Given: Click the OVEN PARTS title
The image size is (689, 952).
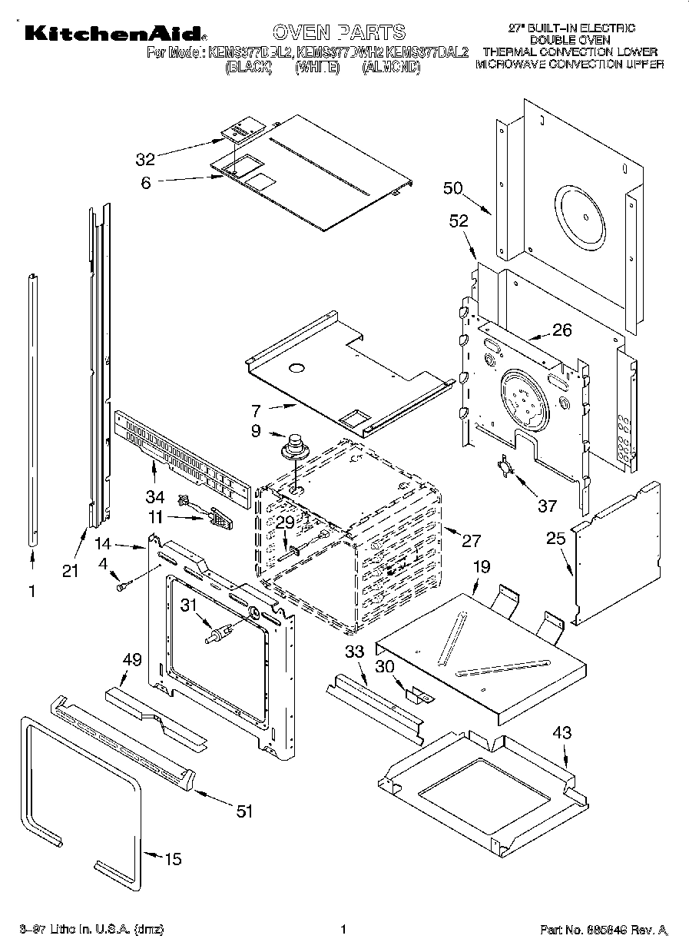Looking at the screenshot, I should click(339, 32).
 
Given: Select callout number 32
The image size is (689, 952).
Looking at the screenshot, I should click(145, 159).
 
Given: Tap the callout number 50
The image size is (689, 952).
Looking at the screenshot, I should click(453, 188).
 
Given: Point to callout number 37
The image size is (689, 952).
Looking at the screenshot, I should click(546, 506).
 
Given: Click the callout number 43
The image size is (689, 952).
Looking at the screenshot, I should click(562, 733).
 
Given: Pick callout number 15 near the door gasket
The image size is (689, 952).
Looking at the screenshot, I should click(173, 859).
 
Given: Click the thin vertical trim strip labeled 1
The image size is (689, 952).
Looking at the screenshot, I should click(32, 411).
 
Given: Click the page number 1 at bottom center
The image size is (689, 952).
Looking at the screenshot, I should click(344, 930).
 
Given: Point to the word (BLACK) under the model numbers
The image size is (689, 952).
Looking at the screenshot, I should click(248, 68).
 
